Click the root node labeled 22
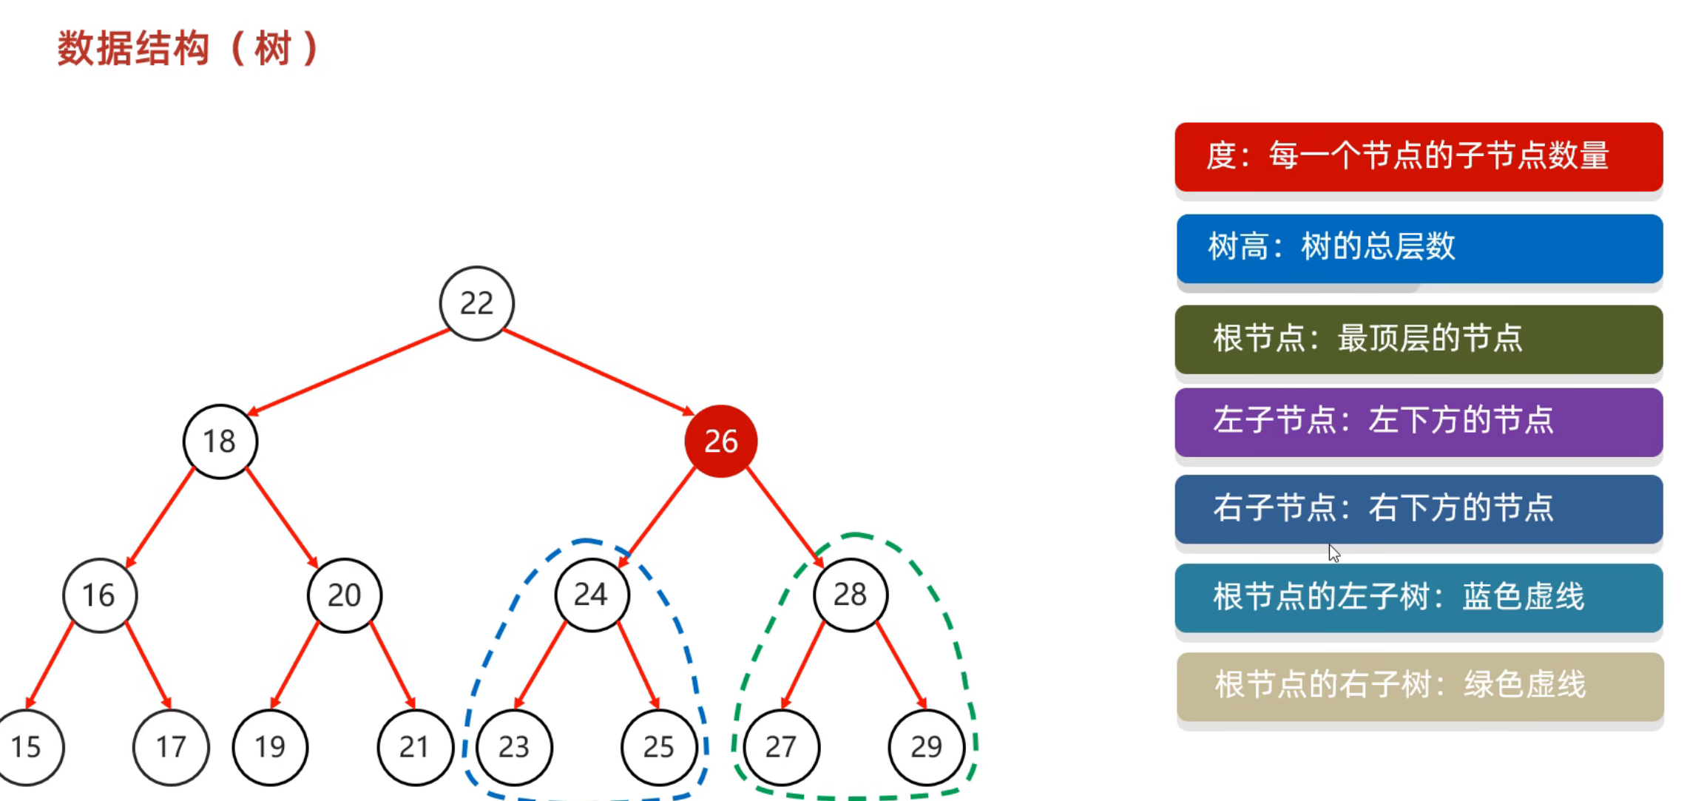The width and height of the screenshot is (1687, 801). click(476, 303)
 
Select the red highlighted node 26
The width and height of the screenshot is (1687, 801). click(720, 442)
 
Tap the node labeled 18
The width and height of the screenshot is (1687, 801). click(220, 442)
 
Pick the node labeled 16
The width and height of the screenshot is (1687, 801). click(100, 595)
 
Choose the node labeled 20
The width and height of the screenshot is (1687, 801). click(345, 595)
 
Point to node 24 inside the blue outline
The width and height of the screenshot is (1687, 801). click(592, 595)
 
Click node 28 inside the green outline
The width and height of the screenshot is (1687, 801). click(851, 595)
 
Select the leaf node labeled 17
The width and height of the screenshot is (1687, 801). click(171, 747)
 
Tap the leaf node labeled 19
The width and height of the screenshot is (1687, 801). click(270, 747)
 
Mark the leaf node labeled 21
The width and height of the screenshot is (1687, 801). click(414, 747)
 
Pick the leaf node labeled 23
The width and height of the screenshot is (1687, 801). click(514, 747)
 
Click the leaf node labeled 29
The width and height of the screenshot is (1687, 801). click(926, 747)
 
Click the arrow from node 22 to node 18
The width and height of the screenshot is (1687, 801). click(348, 371)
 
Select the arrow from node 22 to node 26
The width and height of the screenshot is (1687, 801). click(599, 371)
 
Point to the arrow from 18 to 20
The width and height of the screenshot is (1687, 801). click(282, 518)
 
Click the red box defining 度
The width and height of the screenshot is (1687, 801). click(1418, 157)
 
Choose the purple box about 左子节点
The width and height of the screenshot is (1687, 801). click(1418, 422)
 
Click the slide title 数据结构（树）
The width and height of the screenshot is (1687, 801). click(189, 49)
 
